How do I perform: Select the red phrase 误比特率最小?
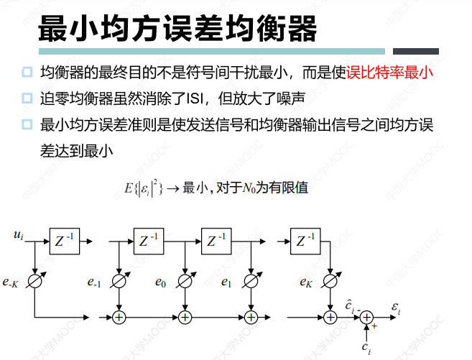(x=389, y=73)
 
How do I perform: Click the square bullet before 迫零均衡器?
(x=27, y=98)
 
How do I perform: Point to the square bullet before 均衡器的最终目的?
(x=27, y=72)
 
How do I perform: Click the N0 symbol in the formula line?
(x=249, y=188)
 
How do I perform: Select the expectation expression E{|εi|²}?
(x=144, y=188)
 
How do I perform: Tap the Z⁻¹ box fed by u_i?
(x=65, y=241)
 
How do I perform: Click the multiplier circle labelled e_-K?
(x=34, y=282)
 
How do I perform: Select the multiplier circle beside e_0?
(x=185, y=282)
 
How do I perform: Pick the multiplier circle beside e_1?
(x=250, y=282)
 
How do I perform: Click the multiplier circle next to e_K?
(x=330, y=282)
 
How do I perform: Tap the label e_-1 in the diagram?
(x=93, y=282)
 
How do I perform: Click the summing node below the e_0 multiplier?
(x=185, y=315)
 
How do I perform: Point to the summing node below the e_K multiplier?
(x=330, y=315)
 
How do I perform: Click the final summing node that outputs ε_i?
(x=367, y=316)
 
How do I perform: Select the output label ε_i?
(x=395, y=310)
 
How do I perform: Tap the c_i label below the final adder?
(x=367, y=349)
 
